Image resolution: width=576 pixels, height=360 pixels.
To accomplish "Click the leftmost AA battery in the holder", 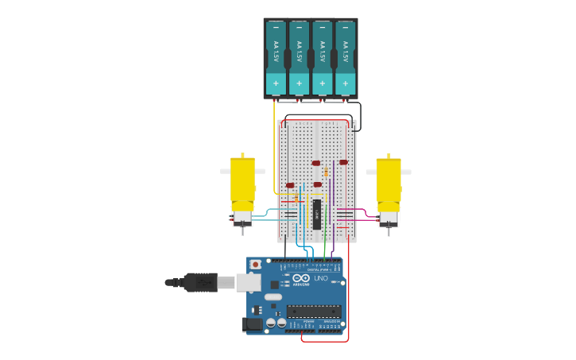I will pyautogui.click(x=276, y=57).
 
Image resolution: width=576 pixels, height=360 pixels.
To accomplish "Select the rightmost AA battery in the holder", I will pyautogui.click(x=345, y=57).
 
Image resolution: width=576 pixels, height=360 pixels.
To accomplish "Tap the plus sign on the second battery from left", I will pyautogui.click(x=299, y=83).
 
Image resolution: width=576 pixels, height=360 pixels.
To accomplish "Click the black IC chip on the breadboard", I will pyautogui.click(x=316, y=213).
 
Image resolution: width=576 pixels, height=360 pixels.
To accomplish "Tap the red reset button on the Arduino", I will pyautogui.click(x=255, y=264).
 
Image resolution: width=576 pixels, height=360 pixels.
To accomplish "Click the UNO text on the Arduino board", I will pyautogui.click(x=321, y=278).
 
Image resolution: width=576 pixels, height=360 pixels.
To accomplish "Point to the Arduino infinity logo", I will pyautogui.click(x=301, y=278).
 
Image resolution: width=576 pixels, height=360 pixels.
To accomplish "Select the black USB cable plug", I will pyautogui.click(x=200, y=282).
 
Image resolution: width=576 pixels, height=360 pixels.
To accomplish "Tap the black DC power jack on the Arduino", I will pyautogui.click(x=253, y=323).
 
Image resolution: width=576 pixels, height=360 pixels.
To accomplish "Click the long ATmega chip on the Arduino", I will pyautogui.click(x=314, y=311).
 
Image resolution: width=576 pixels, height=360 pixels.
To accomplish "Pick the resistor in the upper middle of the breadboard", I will pyautogui.click(x=327, y=172).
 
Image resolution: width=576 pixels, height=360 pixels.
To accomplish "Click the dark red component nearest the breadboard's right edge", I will pyautogui.click(x=343, y=162).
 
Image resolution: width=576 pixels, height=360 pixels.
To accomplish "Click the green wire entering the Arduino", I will pyautogui.click(x=324, y=246).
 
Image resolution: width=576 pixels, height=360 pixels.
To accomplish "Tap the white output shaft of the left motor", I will pyautogui.click(x=225, y=171).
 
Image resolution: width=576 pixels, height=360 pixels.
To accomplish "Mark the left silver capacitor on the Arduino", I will pyautogui.click(x=271, y=323).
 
